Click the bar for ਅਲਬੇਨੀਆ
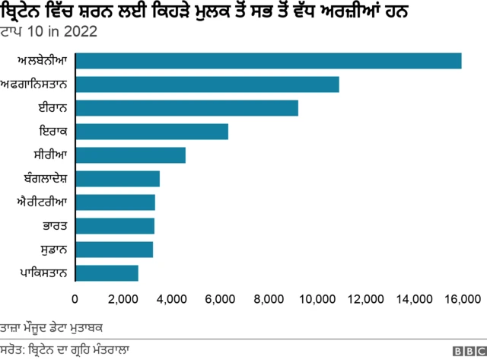point(268,61)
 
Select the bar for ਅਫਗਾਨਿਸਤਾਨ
point(207,84)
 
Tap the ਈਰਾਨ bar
point(186,108)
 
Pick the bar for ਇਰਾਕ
point(151,132)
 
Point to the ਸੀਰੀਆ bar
point(130,155)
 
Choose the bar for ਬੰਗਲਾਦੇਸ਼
point(117,179)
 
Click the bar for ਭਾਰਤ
point(115,226)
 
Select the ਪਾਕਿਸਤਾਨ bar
point(107,273)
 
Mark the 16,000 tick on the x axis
point(461,298)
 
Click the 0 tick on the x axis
point(75,298)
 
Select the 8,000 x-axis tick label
point(268,298)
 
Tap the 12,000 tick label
point(364,298)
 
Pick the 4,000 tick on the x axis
point(171,298)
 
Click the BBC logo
point(468,351)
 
